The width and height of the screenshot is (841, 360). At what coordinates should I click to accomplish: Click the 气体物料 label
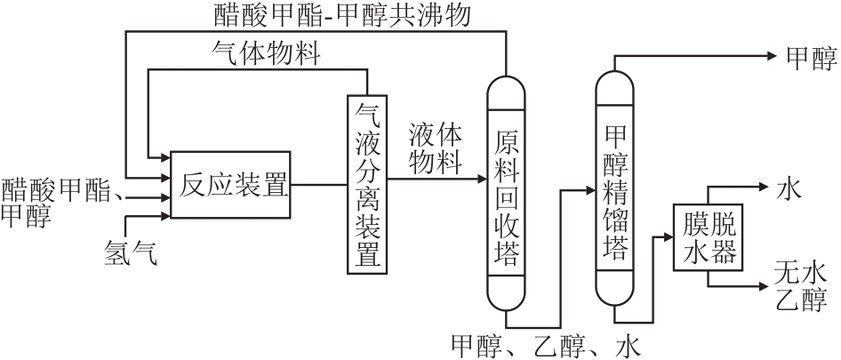click(x=265, y=54)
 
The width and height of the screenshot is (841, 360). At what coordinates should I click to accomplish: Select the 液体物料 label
click(x=436, y=148)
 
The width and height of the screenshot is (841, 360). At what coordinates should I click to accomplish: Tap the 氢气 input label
click(x=129, y=253)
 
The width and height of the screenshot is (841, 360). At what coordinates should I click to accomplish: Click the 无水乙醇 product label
click(x=800, y=284)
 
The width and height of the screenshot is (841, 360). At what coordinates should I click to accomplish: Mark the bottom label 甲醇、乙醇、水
click(x=545, y=346)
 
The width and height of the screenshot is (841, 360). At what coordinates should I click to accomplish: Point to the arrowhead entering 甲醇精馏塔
click(x=589, y=190)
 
